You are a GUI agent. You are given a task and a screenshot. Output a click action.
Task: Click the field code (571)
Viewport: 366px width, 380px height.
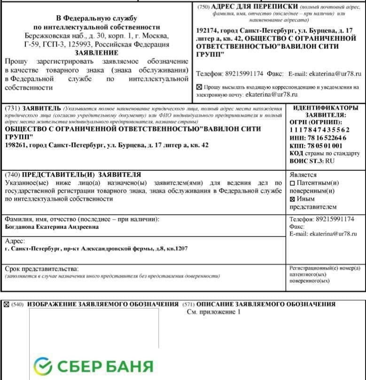click(x=188, y=304)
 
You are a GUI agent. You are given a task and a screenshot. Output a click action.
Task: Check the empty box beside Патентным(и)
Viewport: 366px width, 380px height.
click(x=292, y=183)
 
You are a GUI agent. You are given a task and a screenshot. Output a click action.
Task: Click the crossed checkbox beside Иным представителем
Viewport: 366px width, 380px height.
click(x=292, y=198)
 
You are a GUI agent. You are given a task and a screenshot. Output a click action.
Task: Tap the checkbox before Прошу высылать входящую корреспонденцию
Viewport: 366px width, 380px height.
click(x=199, y=87)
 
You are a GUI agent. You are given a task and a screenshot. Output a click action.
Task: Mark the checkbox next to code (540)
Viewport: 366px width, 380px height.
click(x=7, y=304)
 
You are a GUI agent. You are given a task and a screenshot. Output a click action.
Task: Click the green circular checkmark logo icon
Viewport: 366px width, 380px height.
click(x=43, y=366)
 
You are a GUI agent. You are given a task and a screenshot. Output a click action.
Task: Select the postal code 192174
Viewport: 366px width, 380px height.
click(x=207, y=30)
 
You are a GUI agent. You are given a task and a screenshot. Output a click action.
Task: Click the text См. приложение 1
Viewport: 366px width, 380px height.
click(x=213, y=311)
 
